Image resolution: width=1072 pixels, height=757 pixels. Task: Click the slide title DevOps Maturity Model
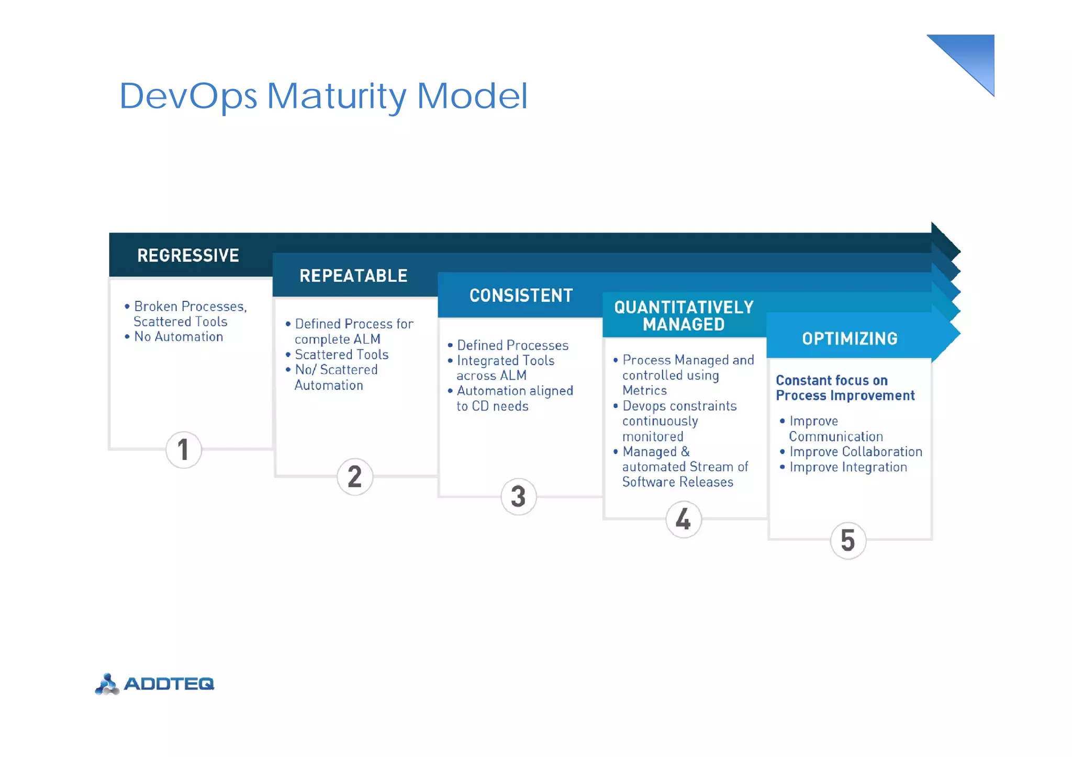323,96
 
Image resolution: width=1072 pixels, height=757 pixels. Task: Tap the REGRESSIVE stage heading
188,255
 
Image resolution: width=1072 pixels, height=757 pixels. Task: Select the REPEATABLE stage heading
353,276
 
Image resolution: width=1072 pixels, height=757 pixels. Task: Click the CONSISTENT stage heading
521,296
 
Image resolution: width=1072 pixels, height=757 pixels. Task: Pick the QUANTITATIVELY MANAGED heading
684,315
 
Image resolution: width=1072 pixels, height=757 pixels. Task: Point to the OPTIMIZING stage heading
850,338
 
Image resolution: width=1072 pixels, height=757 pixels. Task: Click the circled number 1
183,449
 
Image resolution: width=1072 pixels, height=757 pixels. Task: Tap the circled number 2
354,477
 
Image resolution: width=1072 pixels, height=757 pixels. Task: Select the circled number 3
518,496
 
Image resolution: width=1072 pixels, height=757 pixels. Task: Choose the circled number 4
683,519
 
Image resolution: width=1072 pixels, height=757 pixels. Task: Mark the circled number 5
847,540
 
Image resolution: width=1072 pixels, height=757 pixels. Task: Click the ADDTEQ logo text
169,684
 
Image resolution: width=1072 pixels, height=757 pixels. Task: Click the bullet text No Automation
178,337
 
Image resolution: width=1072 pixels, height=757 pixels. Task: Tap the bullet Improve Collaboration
855,451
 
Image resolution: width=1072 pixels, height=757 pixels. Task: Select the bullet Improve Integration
847,467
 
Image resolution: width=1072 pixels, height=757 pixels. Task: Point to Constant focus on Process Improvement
844,388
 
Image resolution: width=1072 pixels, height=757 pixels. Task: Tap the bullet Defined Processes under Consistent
512,345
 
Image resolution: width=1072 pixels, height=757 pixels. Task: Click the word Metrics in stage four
644,390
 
